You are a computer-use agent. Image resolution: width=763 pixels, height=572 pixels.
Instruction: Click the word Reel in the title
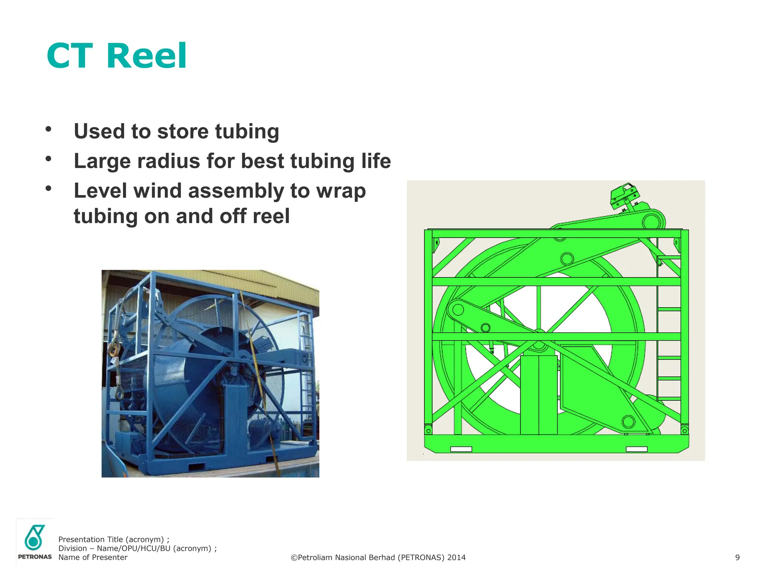point(146,56)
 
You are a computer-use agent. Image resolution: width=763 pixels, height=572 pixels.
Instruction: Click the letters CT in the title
point(70,56)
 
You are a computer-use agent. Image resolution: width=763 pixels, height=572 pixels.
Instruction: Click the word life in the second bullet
point(376,161)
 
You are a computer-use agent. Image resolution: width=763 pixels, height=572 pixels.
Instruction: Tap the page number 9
point(737,557)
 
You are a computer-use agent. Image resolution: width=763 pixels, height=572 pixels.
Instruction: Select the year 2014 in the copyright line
point(456,557)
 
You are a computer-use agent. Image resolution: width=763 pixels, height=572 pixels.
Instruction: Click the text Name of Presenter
point(93,557)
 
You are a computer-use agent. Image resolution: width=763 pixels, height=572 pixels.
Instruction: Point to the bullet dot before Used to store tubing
point(48,129)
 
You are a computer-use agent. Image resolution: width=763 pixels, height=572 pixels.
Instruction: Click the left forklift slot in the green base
point(461,449)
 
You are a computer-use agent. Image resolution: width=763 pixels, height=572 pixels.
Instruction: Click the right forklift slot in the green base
point(636,449)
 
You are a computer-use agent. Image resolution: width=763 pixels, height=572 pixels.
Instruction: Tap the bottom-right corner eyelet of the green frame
point(684,431)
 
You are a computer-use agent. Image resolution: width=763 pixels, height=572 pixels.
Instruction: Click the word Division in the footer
point(73,549)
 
